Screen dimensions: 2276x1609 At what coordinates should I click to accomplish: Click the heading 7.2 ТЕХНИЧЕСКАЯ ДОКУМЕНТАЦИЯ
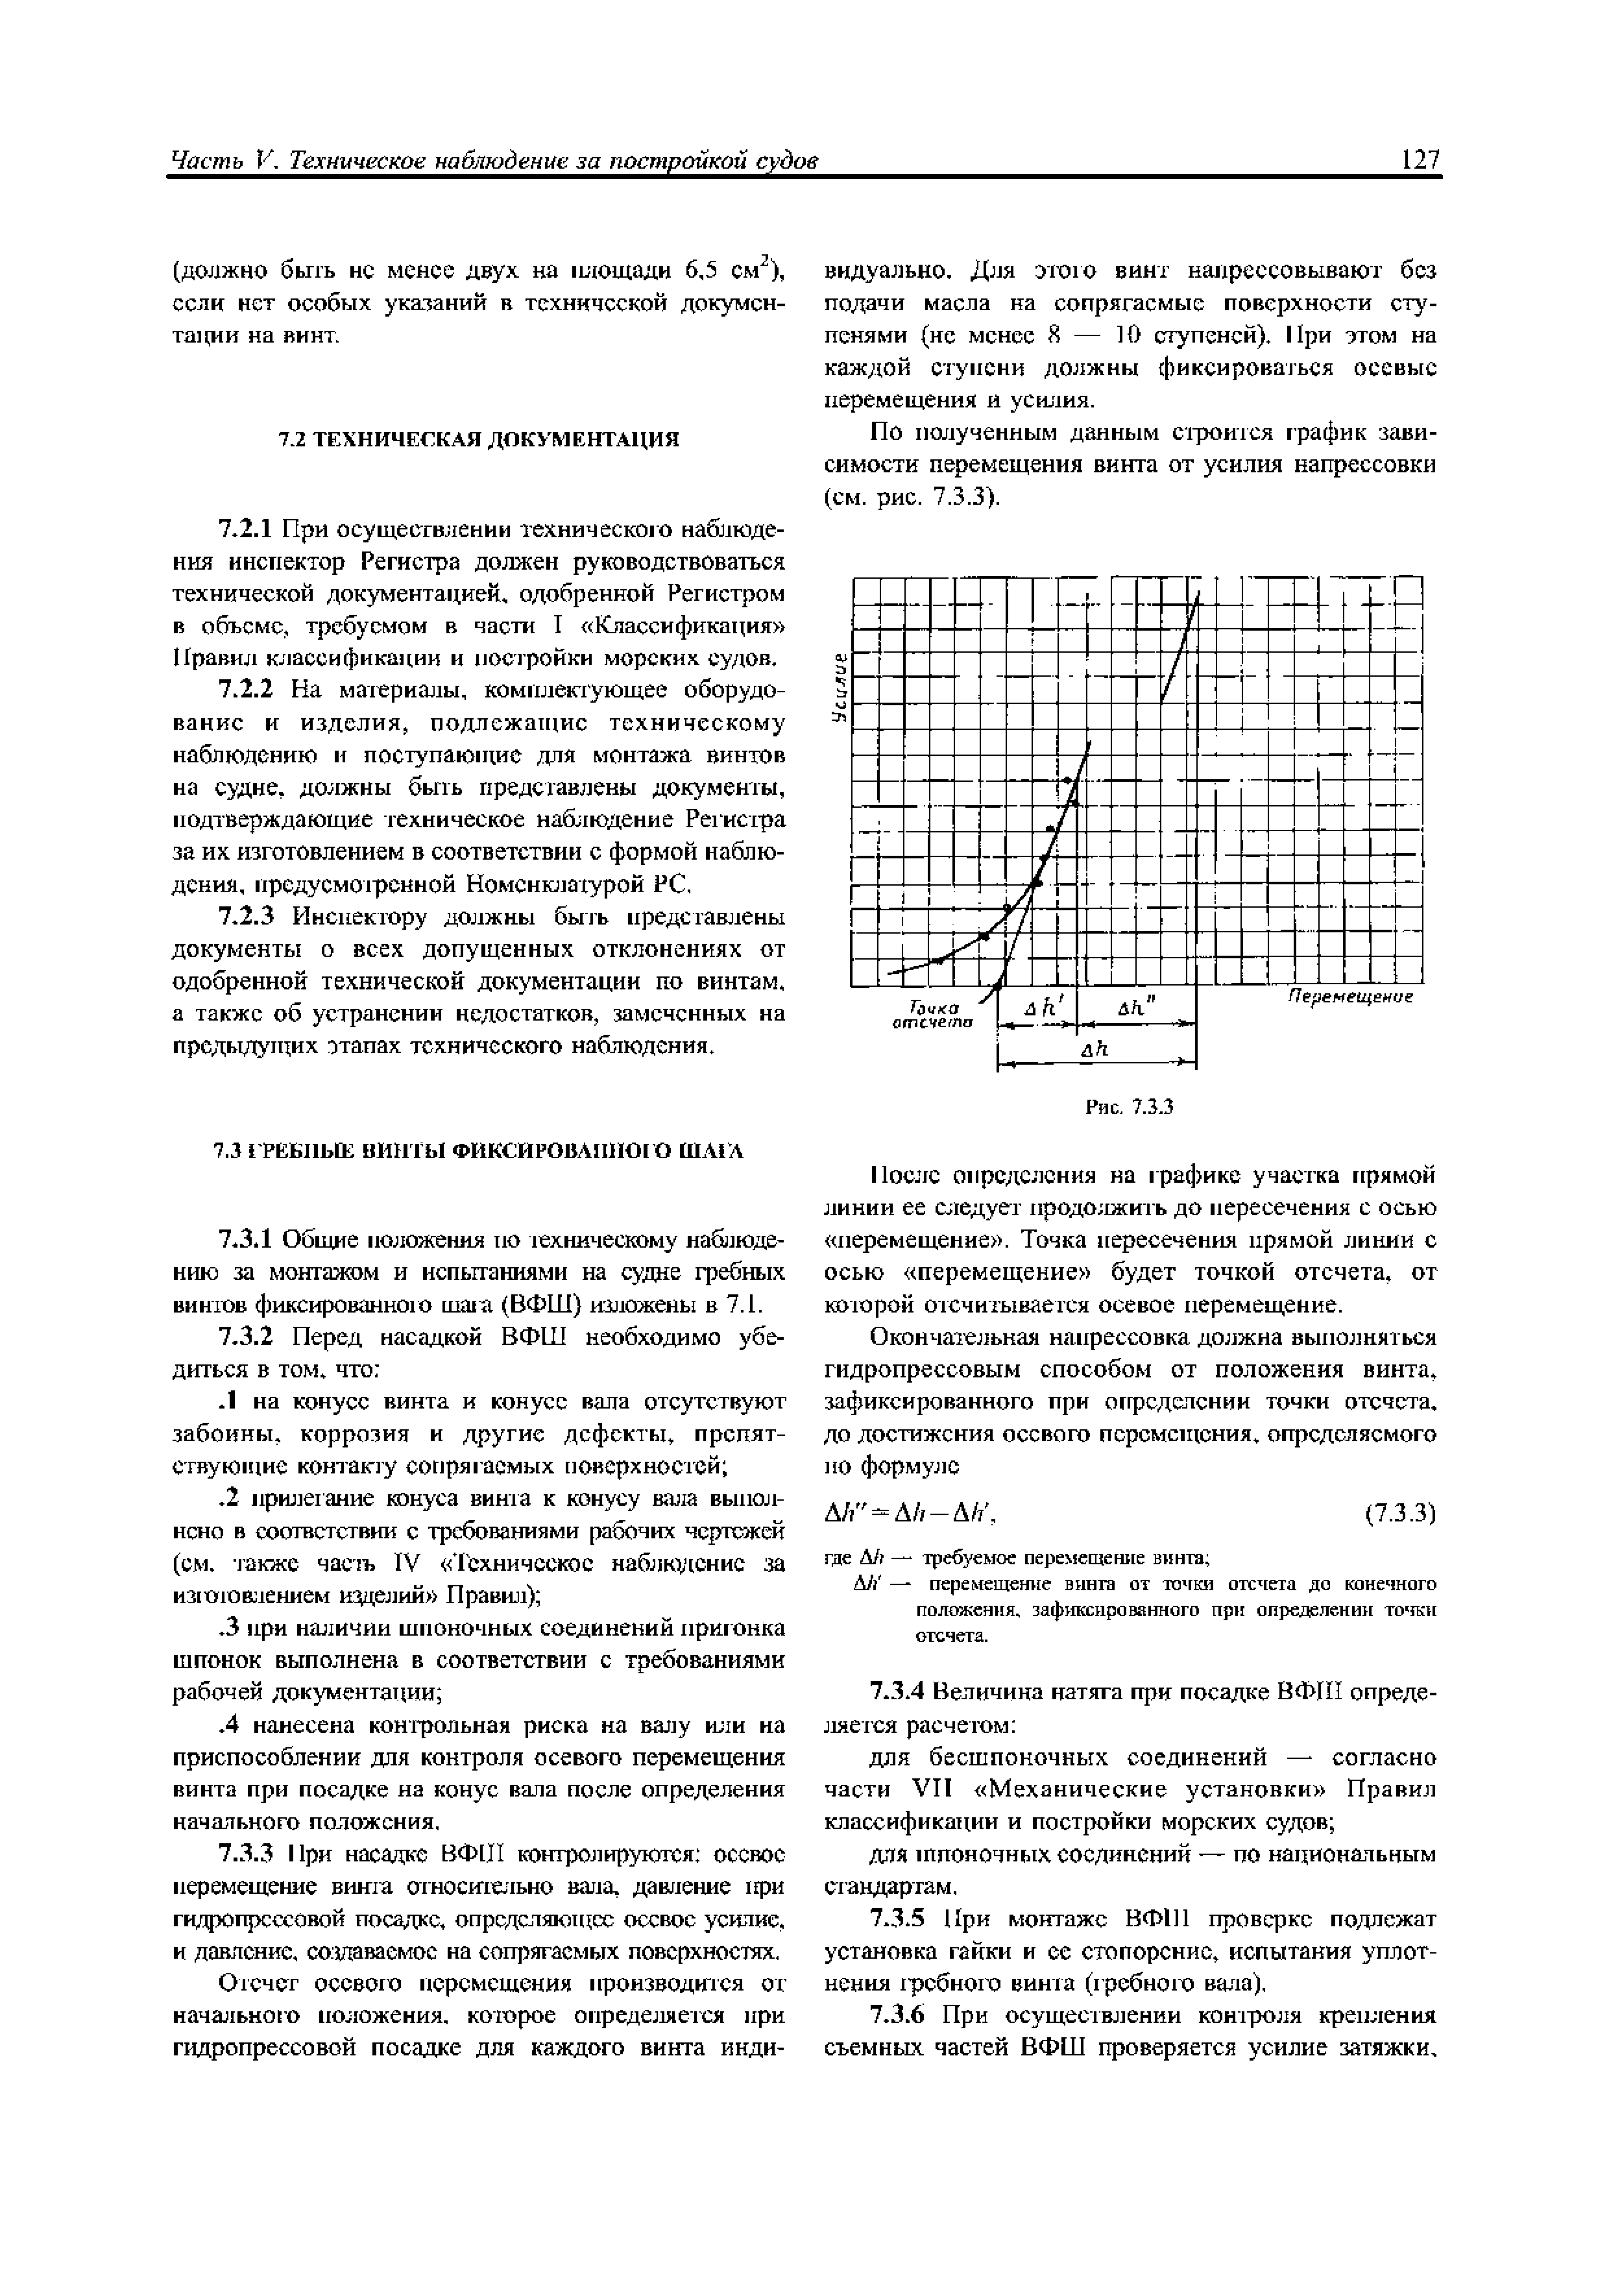point(479,439)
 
